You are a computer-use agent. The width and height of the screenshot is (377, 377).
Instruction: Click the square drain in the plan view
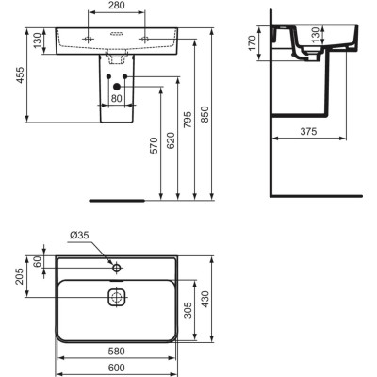pyautogui.click(x=117, y=299)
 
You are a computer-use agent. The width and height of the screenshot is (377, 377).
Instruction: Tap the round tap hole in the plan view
pyautogui.click(x=117, y=269)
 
